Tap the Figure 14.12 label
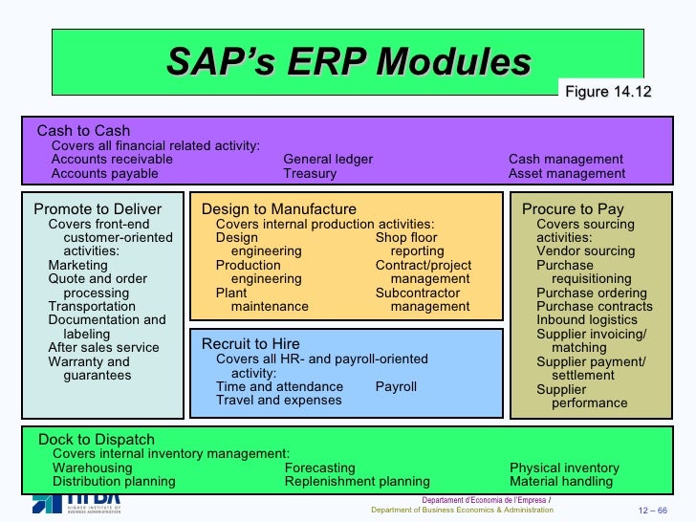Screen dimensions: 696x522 pyautogui.click(x=608, y=92)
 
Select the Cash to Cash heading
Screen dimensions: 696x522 pyautogui.click(x=83, y=131)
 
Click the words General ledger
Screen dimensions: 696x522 pyautogui.click(x=328, y=160)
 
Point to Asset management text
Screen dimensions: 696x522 pyautogui.click(x=567, y=174)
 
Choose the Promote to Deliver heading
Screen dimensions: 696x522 pyautogui.click(x=98, y=209)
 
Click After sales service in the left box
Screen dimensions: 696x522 pyautogui.click(x=103, y=348)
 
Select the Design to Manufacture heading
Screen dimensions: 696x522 pyautogui.click(x=278, y=209)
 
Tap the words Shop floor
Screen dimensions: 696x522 pyautogui.click(x=406, y=237)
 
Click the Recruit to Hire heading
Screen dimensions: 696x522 pyautogui.click(x=250, y=344)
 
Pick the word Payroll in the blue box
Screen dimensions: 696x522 pyautogui.click(x=396, y=387)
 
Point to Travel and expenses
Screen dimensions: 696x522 pyautogui.click(x=278, y=401)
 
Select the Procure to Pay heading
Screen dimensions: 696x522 pyautogui.click(x=573, y=209)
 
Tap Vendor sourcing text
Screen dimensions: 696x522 pyautogui.click(x=585, y=251)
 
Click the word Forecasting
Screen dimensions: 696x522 pyautogui.click(x=319, y=468)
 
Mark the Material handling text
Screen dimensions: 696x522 pyautogui.click(x=561, y=482)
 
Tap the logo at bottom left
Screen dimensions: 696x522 pyautogui.click(x=76, y=503)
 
